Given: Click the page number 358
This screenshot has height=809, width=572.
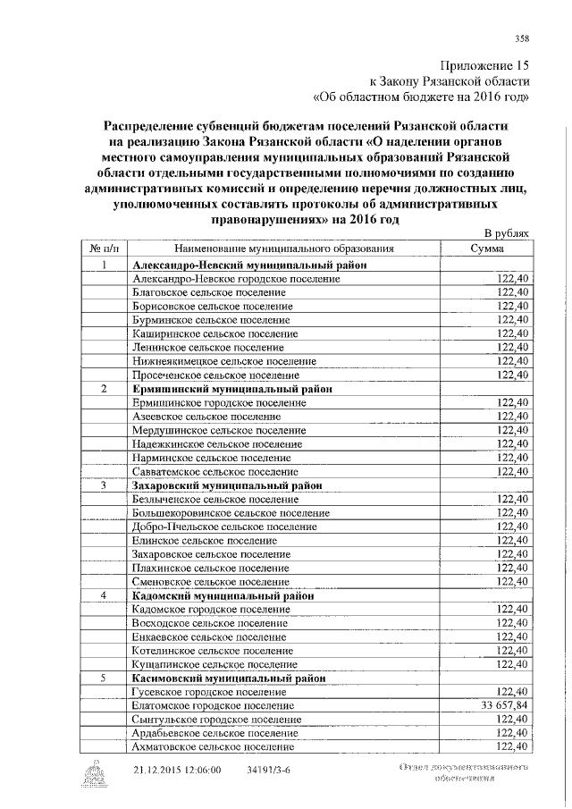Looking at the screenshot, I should point(522,37).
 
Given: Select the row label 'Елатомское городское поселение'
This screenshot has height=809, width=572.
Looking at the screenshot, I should point(213,706).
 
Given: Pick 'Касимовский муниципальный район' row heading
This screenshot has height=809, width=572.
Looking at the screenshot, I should point(229,678).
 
